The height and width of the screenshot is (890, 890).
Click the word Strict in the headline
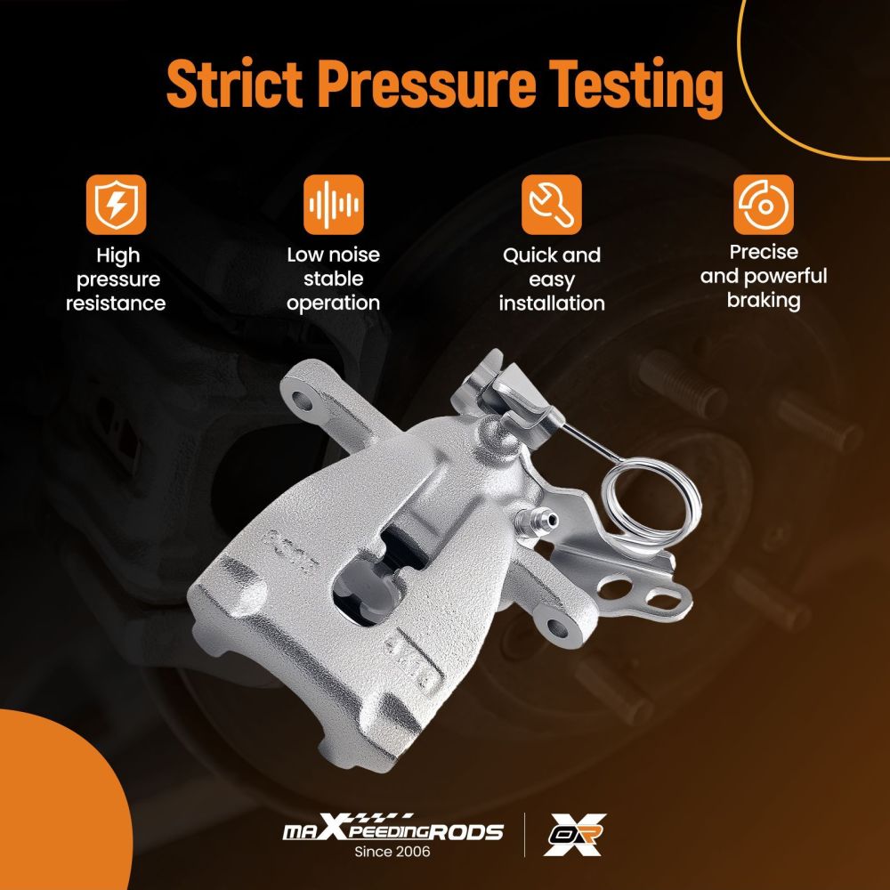(234, 84)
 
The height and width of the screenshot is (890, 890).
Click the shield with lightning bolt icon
(116, 205)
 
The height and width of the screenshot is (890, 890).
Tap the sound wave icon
(333, 205)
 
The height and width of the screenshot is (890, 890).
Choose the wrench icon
(551, 205)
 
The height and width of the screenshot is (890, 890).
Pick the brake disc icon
(764, 205)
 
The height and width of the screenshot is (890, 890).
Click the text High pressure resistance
(116, 279)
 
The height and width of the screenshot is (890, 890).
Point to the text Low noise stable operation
(333, 279)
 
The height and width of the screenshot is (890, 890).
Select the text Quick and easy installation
(552, 279)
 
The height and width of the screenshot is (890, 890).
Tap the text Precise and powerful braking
(764, 277)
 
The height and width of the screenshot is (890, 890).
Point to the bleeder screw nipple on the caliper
(537, 520)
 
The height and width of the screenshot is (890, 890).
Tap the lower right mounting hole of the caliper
(557, 627)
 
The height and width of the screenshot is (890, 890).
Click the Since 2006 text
(392, 852)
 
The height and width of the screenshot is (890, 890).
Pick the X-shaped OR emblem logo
(574, 835)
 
